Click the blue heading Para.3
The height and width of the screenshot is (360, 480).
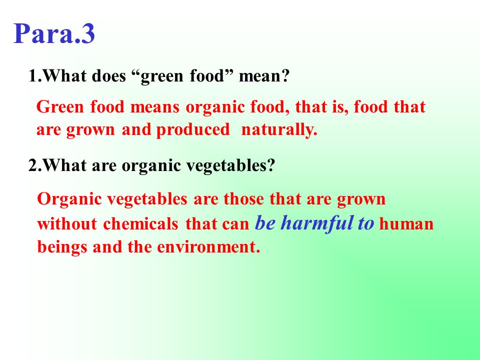click(x=54, y=33)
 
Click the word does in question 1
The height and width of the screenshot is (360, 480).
click(x=108, y=75)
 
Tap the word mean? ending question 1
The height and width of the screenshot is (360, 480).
click(x=264, y=75)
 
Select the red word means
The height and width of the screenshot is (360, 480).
click(x=155, y=107)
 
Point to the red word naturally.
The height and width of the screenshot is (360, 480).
click(x=279, y=130)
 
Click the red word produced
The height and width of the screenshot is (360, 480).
click(x=193, y=130)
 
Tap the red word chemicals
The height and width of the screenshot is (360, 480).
click(x=141, y=224)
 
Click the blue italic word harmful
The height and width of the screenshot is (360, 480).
click(x=317, y=222)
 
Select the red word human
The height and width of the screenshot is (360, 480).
click(x=406, y=224)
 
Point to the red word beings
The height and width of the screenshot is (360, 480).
click(x=62, y=247)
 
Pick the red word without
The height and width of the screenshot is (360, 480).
click(x=67, y=224)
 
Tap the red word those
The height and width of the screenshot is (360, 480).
click(x=243, y=199)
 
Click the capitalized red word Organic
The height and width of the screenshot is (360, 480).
click(x=69, y=199)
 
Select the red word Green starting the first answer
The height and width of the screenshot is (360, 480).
click(x=60, y=107)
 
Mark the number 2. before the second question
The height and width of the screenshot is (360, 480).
click(x=35, y=165)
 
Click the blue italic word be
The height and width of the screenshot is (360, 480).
click(x=265, y=223)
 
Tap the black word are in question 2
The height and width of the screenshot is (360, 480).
click(x=104, y=166)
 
